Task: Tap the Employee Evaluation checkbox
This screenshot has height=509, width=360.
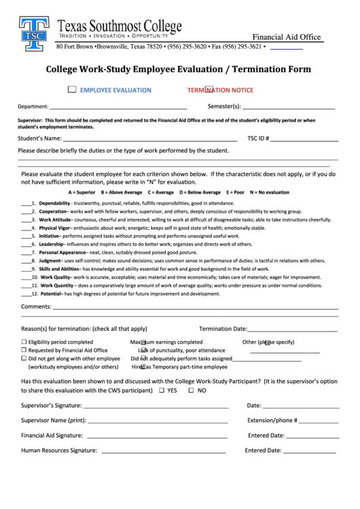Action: (72, 90)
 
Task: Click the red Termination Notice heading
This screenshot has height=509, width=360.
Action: (220, 90)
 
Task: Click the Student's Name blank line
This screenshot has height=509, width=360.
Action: (145, 139)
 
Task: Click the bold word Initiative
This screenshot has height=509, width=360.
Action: (49, 236)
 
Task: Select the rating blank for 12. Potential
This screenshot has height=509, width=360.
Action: (28, 294)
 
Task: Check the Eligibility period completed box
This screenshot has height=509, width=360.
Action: (24, 342)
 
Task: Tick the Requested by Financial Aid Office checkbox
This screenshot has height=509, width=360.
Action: (24, 350)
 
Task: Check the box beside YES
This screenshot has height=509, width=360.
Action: (161, 391)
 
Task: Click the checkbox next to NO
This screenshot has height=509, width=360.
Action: (191, 391)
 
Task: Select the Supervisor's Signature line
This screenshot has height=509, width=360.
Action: (156, 405)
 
